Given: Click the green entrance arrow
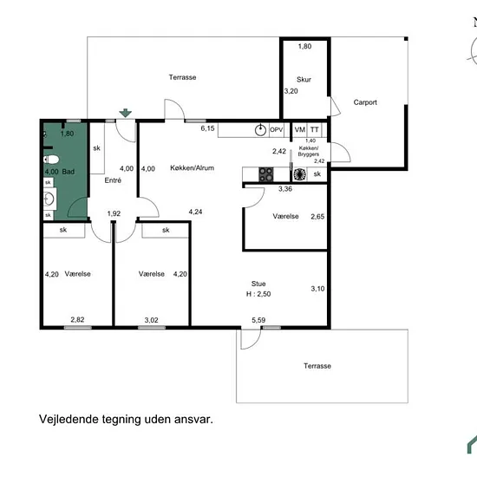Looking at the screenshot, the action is [x=126, y=113].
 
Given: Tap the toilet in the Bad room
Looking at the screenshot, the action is [x=51, y=160].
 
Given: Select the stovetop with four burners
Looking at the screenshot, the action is [x=266, y=174].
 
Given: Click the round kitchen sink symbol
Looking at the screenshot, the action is [x=260, y=130].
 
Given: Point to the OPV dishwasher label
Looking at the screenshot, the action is [x=277, y=130].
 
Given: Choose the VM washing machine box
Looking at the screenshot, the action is [x=300, y=130].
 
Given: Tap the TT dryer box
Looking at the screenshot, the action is [x=314, y=130].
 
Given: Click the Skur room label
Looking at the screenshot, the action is [x=304, y=80].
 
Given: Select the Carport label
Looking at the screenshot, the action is [x=365, y=102].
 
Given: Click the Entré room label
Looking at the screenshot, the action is [x=113, y=180].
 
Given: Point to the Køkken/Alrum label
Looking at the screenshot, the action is [x=192, y=168].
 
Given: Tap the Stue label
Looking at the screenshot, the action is [x=258, y=284].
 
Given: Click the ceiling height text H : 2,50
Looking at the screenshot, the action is [x=258, y=294].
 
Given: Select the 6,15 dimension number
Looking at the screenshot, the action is [x=207, y=128].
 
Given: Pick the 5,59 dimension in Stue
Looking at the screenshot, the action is [x=258, y=320].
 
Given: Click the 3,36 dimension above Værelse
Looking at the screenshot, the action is [x=285, y=189].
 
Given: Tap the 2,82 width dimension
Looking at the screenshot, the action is [x=77, y=320].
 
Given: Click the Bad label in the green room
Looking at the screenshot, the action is [x=69, y=172].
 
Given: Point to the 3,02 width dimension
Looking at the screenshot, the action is [x=151, y=320].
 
